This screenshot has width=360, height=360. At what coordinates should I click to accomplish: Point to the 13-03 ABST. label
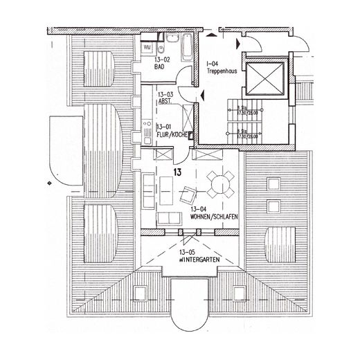[x=165, y=98]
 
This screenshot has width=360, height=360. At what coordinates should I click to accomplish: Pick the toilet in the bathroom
[x=159, y=49]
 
